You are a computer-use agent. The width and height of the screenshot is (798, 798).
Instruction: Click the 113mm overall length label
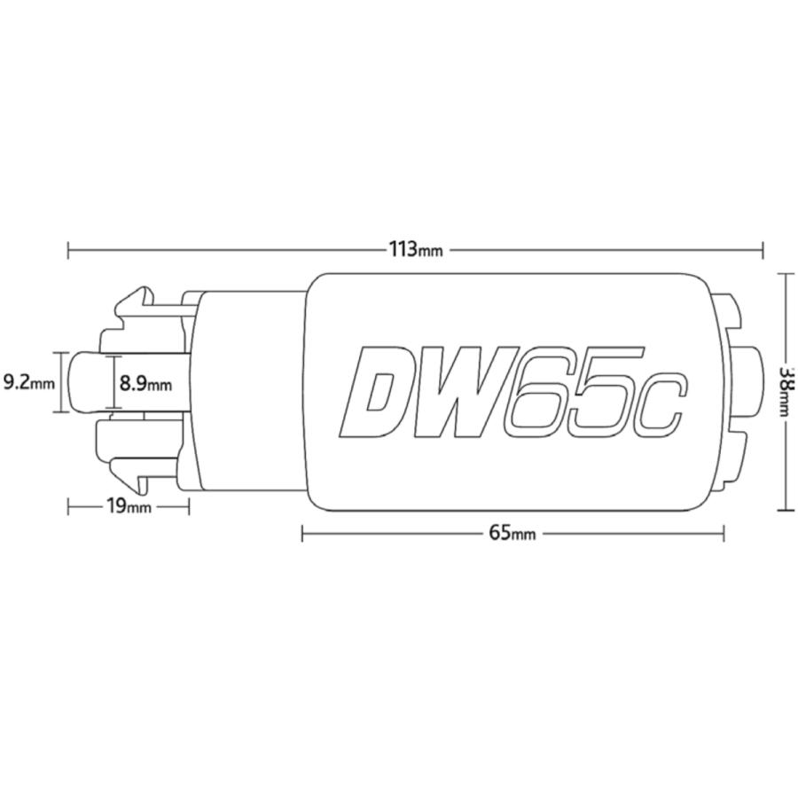pos(415,249)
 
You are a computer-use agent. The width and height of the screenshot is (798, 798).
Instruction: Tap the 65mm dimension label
pos(512,533)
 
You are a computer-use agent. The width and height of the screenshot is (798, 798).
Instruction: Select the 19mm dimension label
pos(128,506)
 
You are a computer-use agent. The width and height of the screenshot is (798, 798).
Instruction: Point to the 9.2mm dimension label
pos(28,383)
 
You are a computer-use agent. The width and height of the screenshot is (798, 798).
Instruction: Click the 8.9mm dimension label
pos(145,384)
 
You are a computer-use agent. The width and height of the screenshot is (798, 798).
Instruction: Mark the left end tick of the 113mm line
pos(68,250)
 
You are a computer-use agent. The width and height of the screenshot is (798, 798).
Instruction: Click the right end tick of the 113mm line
pos(762,250)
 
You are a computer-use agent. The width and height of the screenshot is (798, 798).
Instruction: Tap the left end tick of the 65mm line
pos(302,533)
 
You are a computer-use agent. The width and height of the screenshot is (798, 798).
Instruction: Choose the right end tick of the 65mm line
pos(724,533)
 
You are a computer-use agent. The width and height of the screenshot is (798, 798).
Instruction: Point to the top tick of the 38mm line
pos(785,274)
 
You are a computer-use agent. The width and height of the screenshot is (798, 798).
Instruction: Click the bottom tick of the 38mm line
pos(785,510)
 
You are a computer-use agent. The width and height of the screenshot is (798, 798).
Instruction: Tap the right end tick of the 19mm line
pos(189,506)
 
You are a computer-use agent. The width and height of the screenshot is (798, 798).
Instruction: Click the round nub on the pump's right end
pos(752,383)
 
